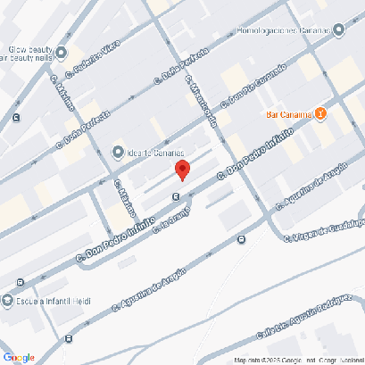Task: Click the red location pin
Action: pyautogui.click(x=182, y=170)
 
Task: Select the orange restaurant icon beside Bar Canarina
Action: pyautogui.click(x=321, y=114)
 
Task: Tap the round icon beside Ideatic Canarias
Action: pyautogui.click(x=117, y=151)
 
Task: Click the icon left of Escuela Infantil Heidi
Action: pyautogui.click(x=8, y=301)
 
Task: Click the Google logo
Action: pyautogui.click(x=19, y=357)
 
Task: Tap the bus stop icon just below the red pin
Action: pyautogui.click(x=177, y=197)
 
